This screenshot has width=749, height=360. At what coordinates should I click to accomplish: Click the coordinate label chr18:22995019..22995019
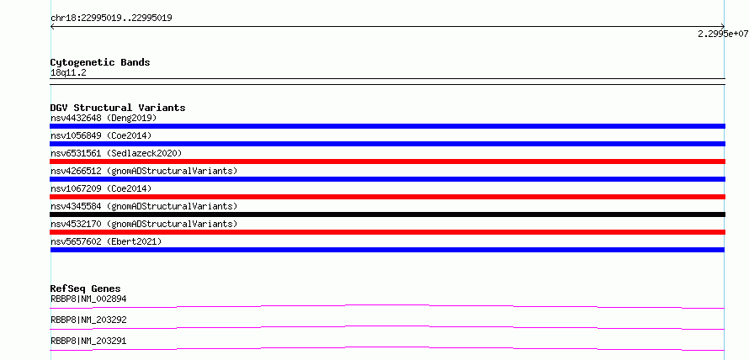111,19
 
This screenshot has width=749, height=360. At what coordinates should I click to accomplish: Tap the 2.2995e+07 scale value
723,34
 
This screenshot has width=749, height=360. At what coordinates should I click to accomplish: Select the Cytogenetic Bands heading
100,62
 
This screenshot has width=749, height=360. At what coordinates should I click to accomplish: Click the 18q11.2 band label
68,73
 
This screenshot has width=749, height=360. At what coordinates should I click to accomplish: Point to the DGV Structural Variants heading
118,108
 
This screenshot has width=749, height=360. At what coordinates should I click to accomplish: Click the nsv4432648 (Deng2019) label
104,118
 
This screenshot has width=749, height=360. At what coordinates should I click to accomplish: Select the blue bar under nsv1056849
387,144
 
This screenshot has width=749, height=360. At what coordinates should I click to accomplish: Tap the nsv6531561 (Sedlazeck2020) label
116,153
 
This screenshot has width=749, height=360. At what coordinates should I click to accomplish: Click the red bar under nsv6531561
387,161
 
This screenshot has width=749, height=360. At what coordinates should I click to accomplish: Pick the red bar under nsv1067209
387,197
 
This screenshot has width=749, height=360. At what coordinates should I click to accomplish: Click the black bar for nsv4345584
387,214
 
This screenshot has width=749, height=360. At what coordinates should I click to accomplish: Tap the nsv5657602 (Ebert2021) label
106,241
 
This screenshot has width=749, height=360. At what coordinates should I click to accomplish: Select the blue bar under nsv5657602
387,250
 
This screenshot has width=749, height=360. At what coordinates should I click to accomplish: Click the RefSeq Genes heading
86,289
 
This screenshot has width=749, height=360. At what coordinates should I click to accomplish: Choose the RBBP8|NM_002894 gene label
88,299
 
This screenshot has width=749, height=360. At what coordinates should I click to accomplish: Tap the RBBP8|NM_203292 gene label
88,320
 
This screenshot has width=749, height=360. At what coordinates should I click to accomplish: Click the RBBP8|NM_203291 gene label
88,341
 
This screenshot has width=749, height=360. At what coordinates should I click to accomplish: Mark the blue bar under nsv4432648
387,126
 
